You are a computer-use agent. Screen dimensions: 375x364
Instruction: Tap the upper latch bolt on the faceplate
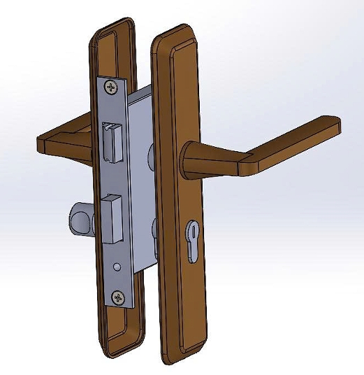(110, 141)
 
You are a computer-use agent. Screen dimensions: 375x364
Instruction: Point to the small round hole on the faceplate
(117, 266)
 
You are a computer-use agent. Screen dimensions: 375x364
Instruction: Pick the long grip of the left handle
(66, 140)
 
